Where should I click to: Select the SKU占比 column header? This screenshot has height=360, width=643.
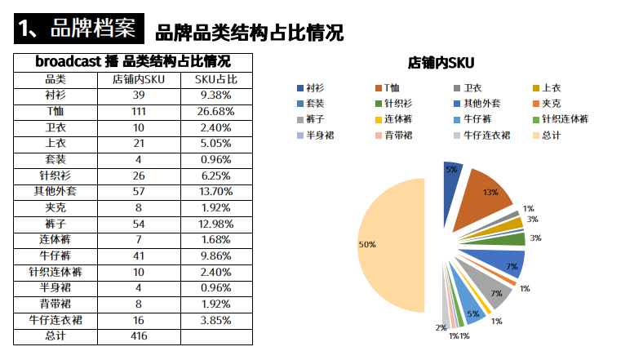coord(216,79)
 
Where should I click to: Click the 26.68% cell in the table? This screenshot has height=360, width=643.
coord(216,111)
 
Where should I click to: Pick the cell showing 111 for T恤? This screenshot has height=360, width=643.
coord(138,111)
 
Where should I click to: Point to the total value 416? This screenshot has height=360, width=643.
coord(138,336)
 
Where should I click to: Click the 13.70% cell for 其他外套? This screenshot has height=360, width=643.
coord(216,191)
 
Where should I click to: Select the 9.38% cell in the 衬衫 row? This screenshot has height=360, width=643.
coord(216,95)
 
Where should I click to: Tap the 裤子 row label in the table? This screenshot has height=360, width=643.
coord(55,224)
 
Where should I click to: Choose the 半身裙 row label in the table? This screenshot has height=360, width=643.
coord(55,287)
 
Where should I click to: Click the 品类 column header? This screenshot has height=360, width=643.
coord(55,79)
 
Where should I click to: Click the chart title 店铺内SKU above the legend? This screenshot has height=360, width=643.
coord(441,63)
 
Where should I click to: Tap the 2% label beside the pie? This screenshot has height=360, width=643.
coord(441,327)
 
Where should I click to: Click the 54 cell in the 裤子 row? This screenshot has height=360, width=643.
coord(138,224)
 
